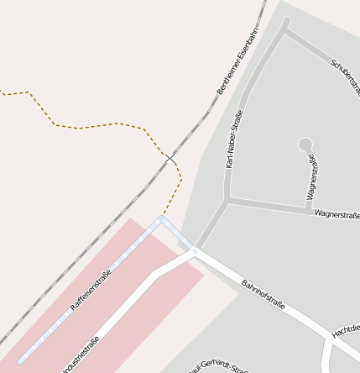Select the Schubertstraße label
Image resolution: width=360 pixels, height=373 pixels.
[x=345, y=75]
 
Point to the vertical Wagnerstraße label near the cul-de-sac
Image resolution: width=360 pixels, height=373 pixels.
[x=313, y=177]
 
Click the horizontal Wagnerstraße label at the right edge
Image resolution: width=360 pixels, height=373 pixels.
[x=337, y=215]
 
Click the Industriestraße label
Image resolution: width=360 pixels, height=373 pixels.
[x=81, y=354]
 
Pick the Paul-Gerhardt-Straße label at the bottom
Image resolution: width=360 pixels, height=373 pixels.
[x=218, y=367]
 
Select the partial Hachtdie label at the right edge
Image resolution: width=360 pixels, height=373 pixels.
[x=346, y=328]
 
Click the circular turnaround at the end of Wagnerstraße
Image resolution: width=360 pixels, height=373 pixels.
[x=305, y=144]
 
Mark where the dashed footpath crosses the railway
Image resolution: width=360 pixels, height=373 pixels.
[x=170, y=158]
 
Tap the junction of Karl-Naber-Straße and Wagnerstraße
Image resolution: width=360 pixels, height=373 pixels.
[x=227, y=200]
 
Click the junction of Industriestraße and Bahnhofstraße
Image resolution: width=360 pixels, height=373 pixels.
[x=196, y=251]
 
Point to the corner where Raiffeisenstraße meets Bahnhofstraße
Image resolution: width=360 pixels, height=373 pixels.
[x=161, y=219]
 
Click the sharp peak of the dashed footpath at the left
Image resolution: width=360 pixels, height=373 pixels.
[x=30, y=92]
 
